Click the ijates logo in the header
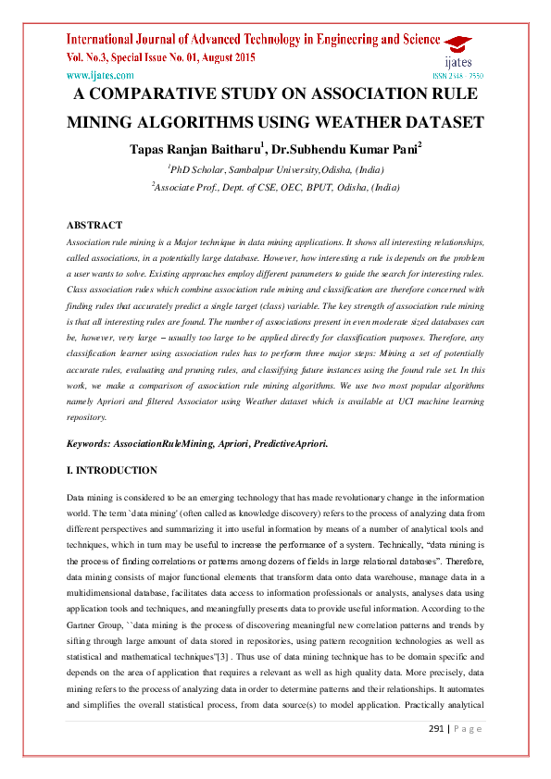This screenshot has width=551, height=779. tap(457, 51)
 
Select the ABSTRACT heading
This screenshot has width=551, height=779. tap(94, 225)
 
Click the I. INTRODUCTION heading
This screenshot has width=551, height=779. tap(112, 470)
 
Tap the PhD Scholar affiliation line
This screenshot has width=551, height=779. tap(275, 170)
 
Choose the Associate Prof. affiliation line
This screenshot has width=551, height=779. tap(275, 186)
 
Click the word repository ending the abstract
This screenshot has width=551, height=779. tap(90, 417)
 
